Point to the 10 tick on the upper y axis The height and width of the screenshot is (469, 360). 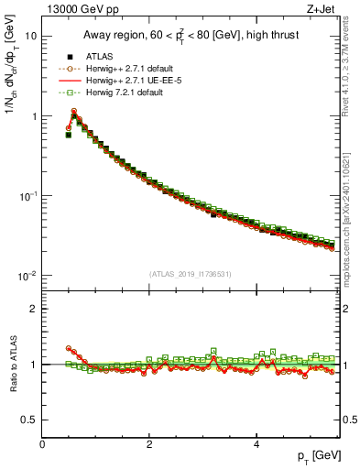tap(31, 37)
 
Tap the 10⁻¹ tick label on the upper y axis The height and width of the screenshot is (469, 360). tap(27, 196)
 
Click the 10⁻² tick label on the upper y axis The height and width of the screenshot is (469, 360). tap(27, 276)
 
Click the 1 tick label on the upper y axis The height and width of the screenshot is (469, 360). tap(34, 116)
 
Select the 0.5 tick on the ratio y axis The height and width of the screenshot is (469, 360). tap(29, 420)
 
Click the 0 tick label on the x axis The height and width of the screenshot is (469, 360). tap(42, 443)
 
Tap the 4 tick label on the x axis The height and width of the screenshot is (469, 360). tap(256, 443)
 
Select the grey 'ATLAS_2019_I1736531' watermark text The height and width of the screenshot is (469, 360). tap(191, 273)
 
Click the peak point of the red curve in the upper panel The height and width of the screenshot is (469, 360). tap(74, 111)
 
